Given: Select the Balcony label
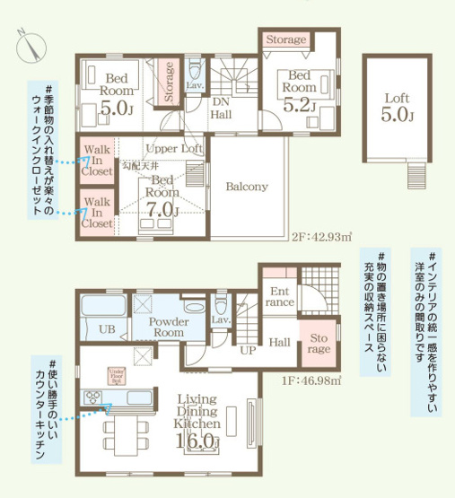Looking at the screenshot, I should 247,187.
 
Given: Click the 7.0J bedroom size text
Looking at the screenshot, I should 162,209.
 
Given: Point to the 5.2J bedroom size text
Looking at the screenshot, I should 299,105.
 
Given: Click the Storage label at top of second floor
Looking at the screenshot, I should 286,40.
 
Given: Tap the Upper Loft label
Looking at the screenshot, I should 172,148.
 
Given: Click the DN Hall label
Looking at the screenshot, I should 223,108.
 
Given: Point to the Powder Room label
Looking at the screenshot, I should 166,326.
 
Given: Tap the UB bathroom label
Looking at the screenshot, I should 106,329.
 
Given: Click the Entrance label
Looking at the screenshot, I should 278,297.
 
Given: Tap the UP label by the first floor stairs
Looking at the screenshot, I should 247,350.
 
